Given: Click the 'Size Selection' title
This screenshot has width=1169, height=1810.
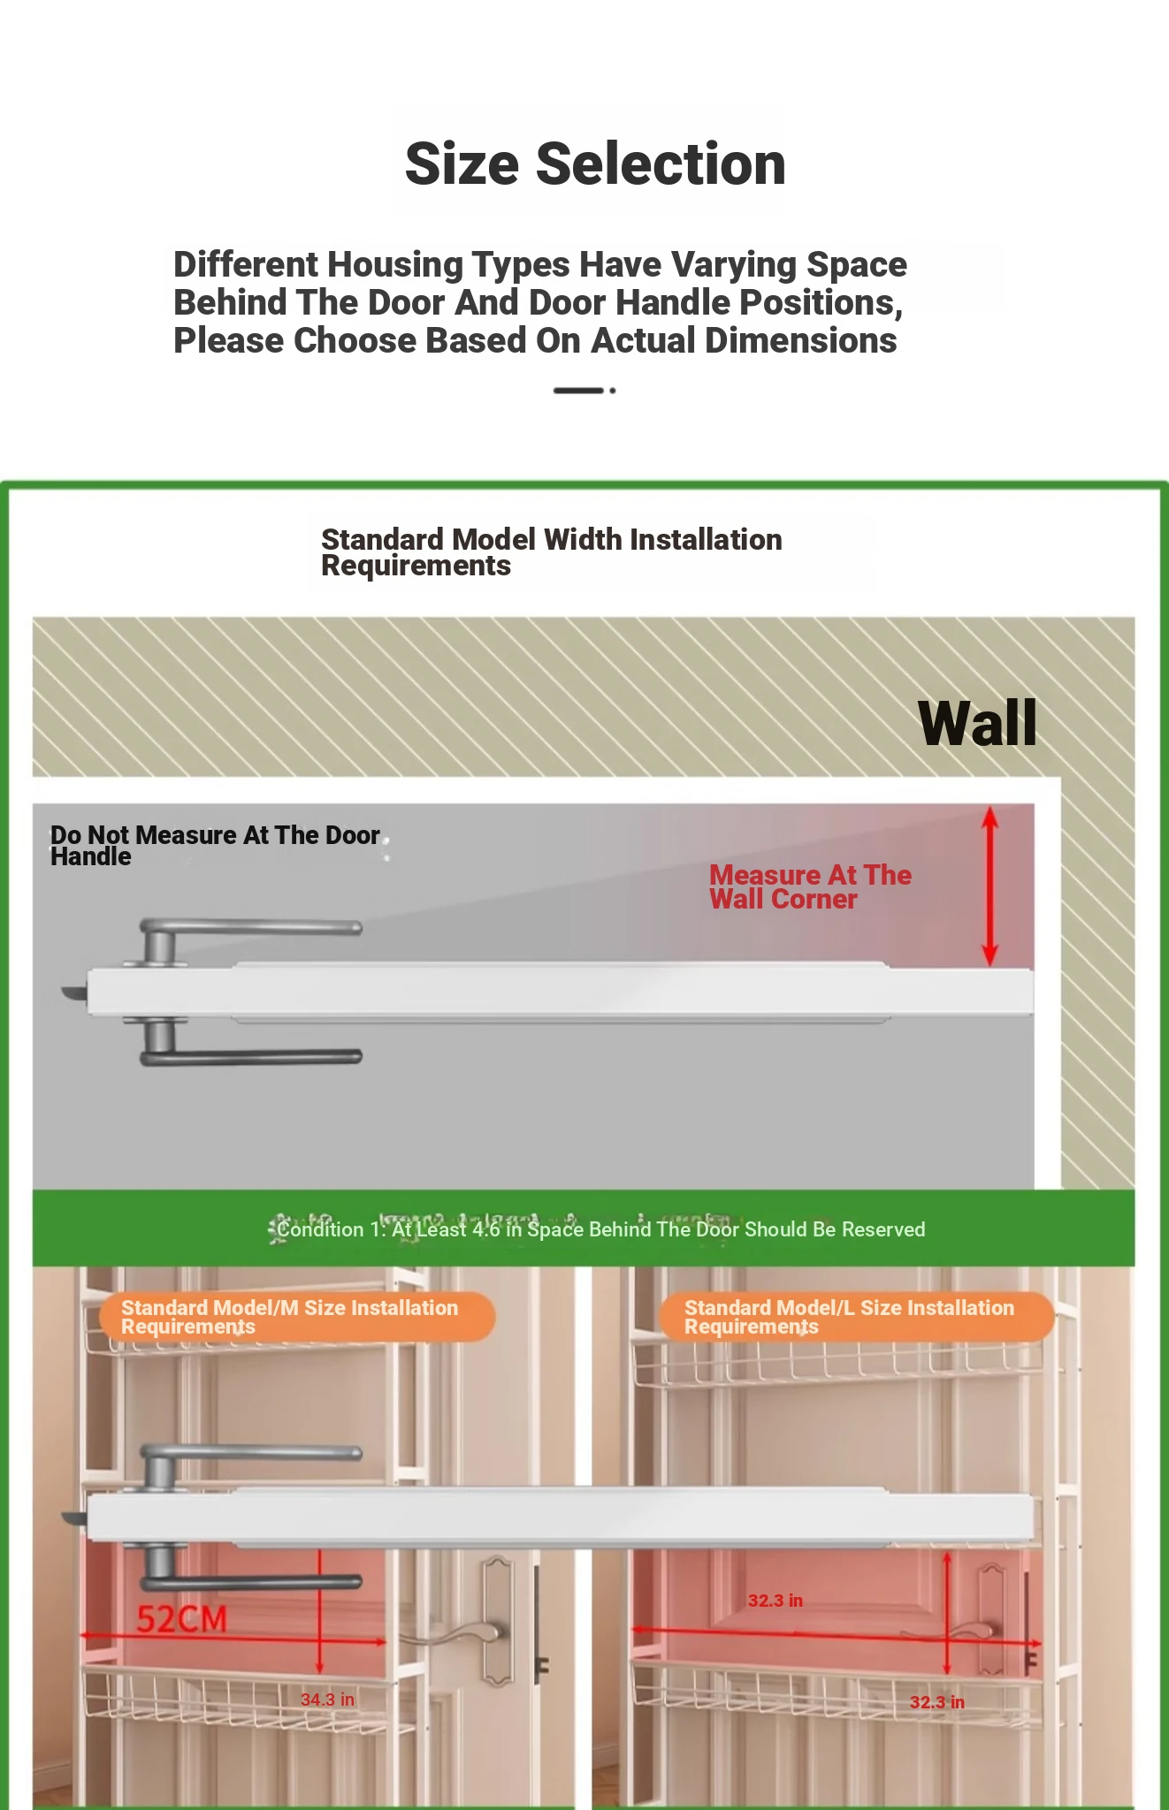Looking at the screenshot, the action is point(595,164).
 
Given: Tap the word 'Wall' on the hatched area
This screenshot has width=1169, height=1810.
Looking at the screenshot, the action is point(977,724).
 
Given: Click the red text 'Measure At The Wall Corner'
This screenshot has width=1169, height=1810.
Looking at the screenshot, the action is point(810,886).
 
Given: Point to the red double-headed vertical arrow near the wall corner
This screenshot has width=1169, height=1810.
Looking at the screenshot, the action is point(990,886).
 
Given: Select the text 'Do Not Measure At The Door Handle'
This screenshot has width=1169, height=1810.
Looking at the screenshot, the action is point(215,845).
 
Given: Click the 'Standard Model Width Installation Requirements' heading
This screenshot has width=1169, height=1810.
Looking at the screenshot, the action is point(552,551).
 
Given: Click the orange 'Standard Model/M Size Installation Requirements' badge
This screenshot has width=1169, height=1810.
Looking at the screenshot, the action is point(297,1317).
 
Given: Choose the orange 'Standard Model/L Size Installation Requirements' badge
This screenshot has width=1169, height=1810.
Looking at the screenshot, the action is point(856,1317).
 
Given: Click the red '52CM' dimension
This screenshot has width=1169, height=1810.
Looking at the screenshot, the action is point(182,1619).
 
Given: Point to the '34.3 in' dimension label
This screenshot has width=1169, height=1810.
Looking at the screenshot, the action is point(327,1700).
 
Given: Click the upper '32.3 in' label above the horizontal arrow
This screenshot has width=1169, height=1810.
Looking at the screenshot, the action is point(776,1601).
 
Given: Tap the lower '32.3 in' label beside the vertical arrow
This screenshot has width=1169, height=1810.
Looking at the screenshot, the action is point(937,1702).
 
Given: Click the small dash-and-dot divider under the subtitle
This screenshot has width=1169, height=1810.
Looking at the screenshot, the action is point(584,390).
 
